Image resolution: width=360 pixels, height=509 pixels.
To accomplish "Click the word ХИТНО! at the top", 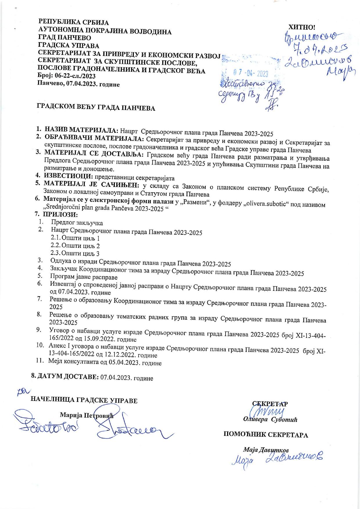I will [301, 27].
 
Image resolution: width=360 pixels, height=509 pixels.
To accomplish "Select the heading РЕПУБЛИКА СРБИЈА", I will [74, 22].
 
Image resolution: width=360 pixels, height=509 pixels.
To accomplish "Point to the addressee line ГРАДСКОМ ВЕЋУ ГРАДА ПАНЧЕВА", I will [96, 108].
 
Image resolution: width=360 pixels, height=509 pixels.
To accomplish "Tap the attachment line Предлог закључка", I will [77, 223].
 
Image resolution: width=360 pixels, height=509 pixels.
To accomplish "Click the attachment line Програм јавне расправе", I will [84, 277].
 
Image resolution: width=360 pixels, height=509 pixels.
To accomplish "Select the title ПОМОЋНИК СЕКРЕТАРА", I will [265, 435].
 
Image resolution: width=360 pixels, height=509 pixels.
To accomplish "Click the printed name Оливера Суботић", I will [270, 420].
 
